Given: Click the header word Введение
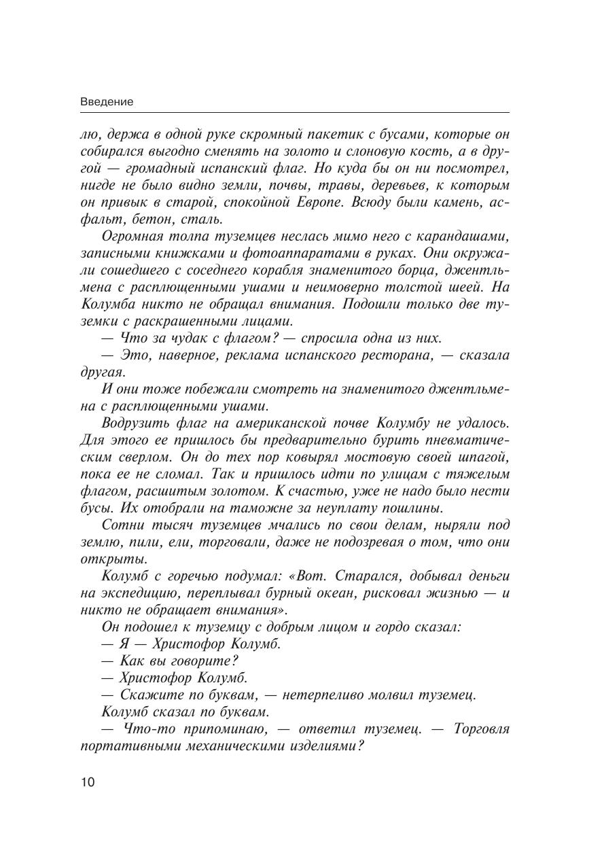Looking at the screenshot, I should click(x=107, y=101).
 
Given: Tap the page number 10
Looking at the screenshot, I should click(x=88, y=782).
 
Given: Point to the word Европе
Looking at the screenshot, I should click(x=355, y=202).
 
